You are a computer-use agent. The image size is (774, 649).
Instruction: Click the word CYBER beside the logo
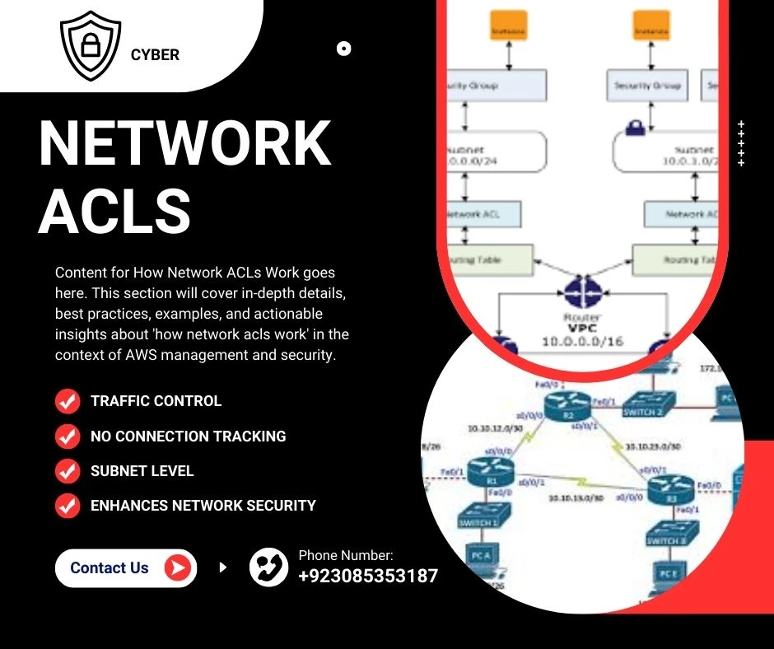[x=155, y=55]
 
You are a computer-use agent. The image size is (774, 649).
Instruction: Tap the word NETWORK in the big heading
[x=185, y=145]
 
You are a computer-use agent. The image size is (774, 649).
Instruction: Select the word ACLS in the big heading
[x=114, y=211]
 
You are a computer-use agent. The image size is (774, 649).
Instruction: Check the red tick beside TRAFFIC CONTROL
[x=67, y=401]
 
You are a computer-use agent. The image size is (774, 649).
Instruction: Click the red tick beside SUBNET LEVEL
[x=67, y=471]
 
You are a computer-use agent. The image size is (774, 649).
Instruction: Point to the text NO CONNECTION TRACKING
[x=188, y=437]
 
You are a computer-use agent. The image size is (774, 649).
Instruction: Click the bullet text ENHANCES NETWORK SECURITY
[x=203, y=506]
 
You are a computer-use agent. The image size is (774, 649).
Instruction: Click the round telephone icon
[x=268, y=567]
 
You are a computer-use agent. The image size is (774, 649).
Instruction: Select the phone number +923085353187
[x=368, y=576]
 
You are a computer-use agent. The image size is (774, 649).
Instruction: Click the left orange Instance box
[x=508, y=26]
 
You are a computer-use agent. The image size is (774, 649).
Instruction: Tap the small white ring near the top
[x=344, y=49]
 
